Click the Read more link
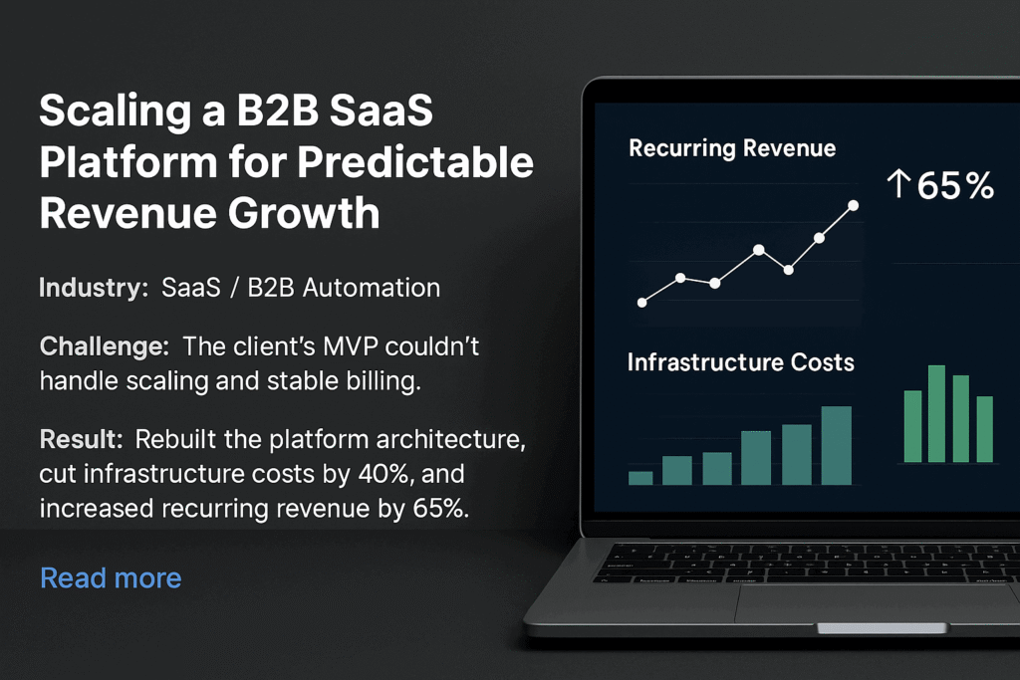click(111, 577)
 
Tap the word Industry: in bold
click(94, 288)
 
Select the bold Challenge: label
click(104, 346)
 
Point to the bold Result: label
click(82, 439)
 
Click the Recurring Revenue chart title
click(732, 149)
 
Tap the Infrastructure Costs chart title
click(740, 362)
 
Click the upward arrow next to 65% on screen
click(898, 183)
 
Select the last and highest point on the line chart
click(853, 205)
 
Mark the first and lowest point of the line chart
click(642, 303)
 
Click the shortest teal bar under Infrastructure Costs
click(640, 478)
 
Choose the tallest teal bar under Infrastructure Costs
click(837, 445)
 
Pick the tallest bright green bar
click(936, 413)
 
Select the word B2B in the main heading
click(277, 110)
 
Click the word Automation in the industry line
click(372, 288)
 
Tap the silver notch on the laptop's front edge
click(883, 628)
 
